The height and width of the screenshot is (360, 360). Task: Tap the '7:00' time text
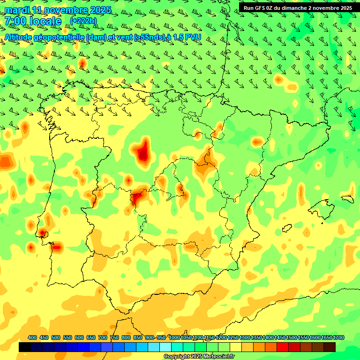pyautogui.click(x=15, y=21)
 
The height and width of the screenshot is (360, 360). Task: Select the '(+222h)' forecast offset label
pyautogui.click(x=83, y=21)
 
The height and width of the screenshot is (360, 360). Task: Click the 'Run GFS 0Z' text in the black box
pyautogui.click(x=259, y=7)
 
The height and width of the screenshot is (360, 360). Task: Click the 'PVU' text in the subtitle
pyautogui.click(x=193, y=37)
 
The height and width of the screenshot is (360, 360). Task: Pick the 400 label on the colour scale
pyautogui.click(x=32, y=337)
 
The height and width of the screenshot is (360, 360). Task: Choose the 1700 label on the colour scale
pyautogui.click(x=338, y=337)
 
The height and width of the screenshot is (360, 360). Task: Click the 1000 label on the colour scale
pyautogui.click(x=174, y=337)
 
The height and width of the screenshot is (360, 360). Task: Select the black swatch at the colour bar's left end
pyautogui.click(x=25, y=347)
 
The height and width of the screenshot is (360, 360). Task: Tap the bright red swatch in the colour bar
pyautogui.click(x=283, y=347)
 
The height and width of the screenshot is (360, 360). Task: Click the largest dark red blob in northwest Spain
pyautogui.click(x=143, y=153)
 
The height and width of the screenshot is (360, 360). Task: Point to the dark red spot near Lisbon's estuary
pyautogui.click(x=42, y=232)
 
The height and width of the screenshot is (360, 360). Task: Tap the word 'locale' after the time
pyautogui.click(x=45, y=21)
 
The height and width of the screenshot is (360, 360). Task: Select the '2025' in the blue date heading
pyautogui.click(x=100, y=10)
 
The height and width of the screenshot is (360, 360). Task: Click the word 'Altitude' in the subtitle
pyautogui.click(x=18, y=37)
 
